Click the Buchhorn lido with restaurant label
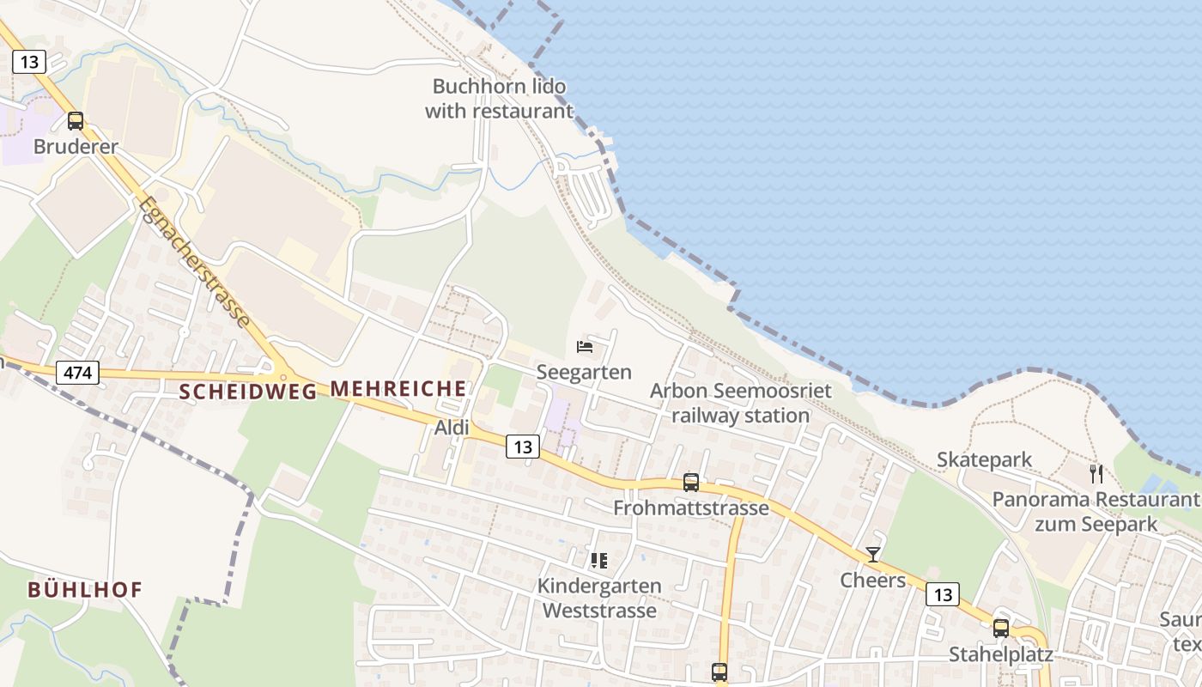pos(499,99)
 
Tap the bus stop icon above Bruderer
pos(76,121)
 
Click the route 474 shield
pos(77,373)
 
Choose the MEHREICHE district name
pos(398,389)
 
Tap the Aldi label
pos(452,427)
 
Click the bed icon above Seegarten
pos(585,347)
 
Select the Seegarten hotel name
pos(584,372)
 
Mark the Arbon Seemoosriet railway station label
pos(740,404)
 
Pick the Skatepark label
pos(984,459)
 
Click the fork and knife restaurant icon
pos(1096,473)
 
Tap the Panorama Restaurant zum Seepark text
pos(1096,511)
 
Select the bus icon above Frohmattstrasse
pos(691,483)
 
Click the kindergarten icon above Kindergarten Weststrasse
pos(598,561)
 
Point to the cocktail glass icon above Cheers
pos(873,555)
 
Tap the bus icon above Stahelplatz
pos(1001,628)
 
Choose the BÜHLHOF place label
pos(84,590)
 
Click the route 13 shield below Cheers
pos(942,594)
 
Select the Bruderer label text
pos(76,147)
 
